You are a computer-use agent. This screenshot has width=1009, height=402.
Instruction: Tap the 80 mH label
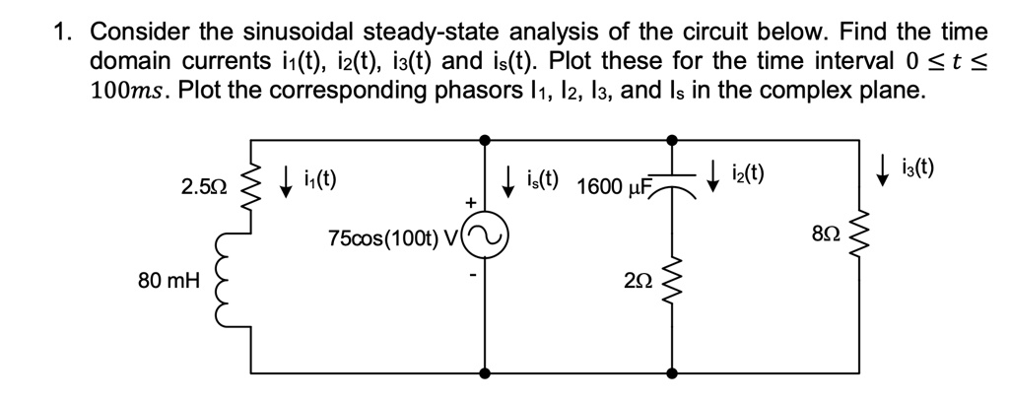point(169,280)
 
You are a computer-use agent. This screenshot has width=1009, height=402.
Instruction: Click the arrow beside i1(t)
point(286,180)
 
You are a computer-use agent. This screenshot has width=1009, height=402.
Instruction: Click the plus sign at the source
point(471,202)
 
